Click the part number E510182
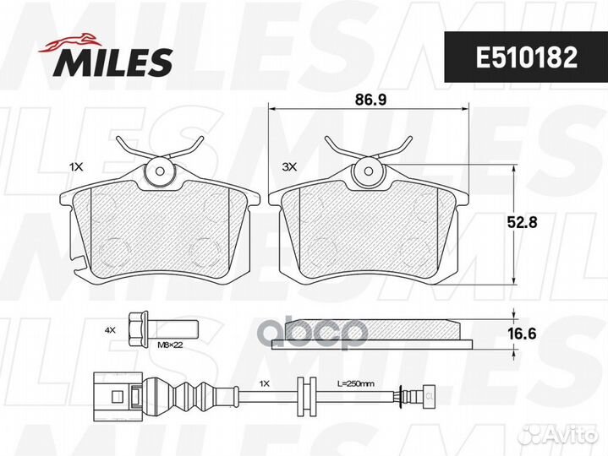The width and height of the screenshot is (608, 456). point(527,57)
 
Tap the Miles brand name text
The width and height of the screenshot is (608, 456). point(114,61)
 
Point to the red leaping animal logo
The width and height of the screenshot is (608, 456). point(69,42)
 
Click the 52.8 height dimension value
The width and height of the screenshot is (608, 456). point(522,222)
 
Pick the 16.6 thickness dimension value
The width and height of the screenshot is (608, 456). point(522,334)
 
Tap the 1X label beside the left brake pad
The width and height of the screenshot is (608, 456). point(76,167)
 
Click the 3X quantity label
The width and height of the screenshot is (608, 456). point(289,167)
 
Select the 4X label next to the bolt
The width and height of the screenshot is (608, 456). point(111,330)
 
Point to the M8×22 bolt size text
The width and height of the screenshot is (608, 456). point(170,345)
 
